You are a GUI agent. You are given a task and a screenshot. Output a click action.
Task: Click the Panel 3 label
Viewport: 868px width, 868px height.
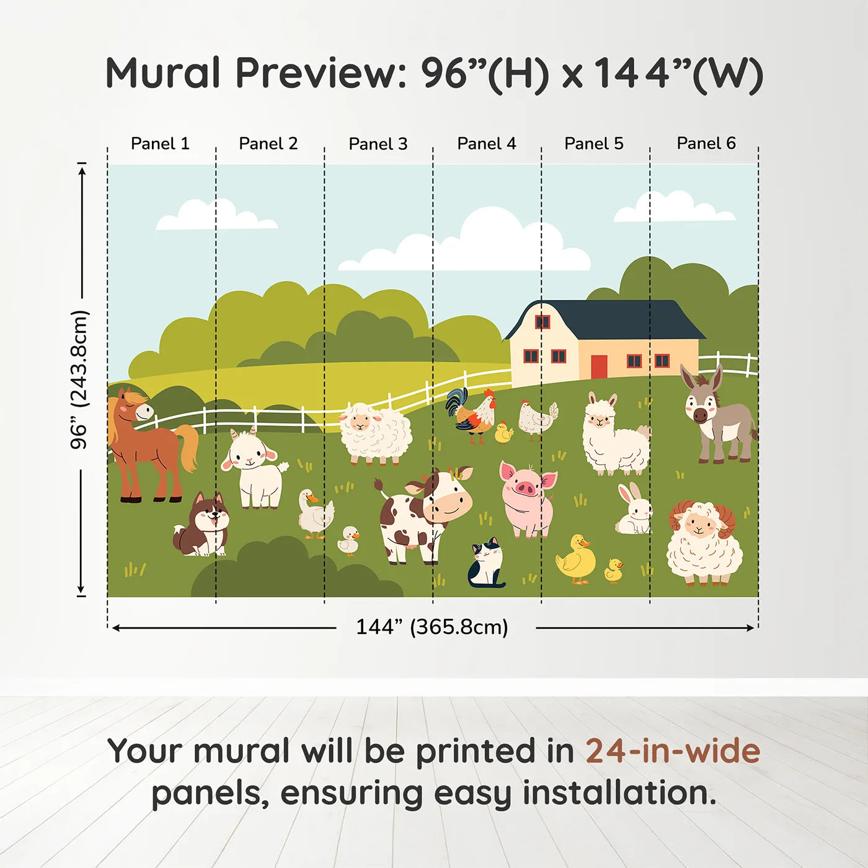378,144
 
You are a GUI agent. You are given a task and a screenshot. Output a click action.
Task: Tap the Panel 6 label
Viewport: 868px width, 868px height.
706,143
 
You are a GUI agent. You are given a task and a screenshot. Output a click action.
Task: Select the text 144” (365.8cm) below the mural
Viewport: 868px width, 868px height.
432,627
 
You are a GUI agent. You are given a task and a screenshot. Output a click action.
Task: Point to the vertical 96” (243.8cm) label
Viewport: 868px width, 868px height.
79,379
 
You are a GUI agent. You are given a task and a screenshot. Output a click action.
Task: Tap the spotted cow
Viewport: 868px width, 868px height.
425,515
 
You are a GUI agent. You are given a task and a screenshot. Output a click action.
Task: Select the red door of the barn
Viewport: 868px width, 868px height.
599,366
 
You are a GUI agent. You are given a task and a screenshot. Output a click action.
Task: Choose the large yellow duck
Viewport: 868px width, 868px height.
577,559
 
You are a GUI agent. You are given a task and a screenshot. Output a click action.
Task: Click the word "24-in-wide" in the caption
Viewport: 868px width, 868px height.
673,751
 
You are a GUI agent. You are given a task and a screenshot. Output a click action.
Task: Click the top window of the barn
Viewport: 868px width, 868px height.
542,322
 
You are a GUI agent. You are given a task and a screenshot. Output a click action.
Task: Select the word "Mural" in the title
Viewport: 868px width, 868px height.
163,73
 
